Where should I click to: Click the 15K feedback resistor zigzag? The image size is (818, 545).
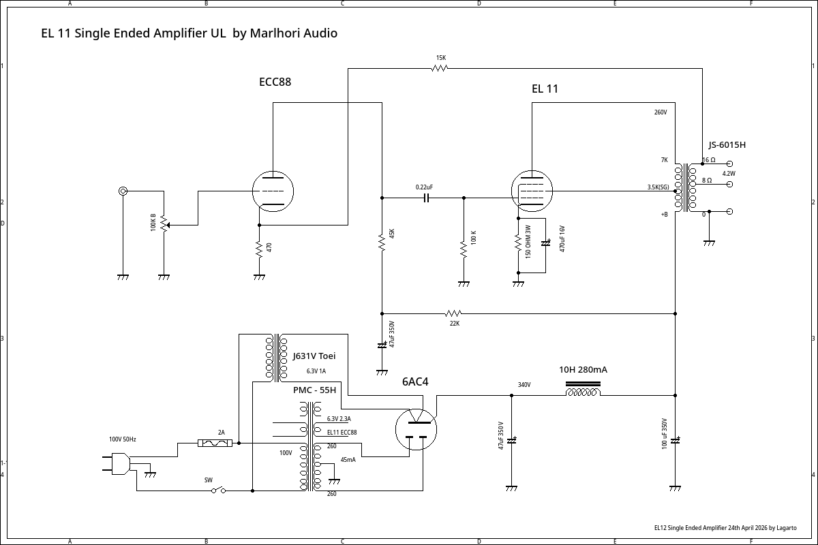coord(439,68)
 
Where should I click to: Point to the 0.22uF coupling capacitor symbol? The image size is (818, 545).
coord(426,198)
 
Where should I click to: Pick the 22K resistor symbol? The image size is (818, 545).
coord(453,313)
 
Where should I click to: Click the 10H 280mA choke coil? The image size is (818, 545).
coord(583,389)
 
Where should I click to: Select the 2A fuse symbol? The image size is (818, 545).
coord(215,443)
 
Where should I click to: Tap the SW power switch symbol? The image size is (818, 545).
coord(218,490)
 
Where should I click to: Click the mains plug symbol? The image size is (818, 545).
coord(117,464)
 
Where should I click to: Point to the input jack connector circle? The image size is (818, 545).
coord(123,191)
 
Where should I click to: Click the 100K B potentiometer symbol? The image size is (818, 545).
coord(164,224)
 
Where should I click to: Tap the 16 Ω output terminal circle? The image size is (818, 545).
coord(729,164)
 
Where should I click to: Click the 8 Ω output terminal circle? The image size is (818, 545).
coord(729,185)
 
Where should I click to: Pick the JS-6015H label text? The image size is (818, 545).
coord(727,145)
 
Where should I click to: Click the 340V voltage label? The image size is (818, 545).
coord(524,385)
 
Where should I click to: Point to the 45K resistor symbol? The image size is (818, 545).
coord(382,242)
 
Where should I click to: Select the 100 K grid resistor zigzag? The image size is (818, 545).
coord(464,249)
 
